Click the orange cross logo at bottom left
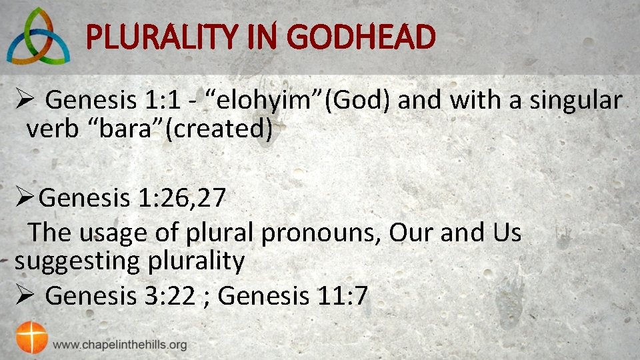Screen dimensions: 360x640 click(x=32, y=337)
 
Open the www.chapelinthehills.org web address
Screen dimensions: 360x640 click(x=120, y=345)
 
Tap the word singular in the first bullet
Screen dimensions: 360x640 click(x=575, y=101)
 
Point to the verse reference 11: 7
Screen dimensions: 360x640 click(x=341, y=295)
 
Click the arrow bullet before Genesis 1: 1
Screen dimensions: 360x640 click(x=22, y=101)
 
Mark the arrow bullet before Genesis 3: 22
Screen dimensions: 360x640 click(x=22, y=295)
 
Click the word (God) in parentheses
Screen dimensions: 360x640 click(x=363, y=101)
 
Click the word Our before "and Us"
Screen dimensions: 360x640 click(x=410, y=233)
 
